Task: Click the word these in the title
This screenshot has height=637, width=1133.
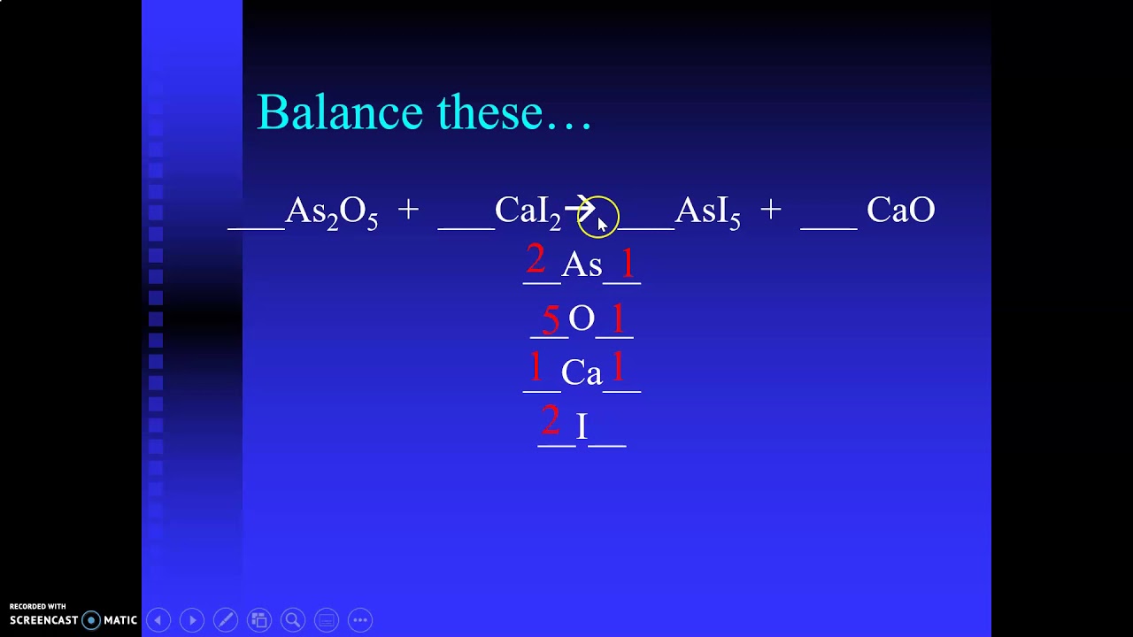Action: (x=489, y=112)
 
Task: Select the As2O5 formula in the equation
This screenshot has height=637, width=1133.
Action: (x=332, y=211)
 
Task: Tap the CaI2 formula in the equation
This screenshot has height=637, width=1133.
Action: (x=528, y=211)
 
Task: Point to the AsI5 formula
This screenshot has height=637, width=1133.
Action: (x=707, y=211)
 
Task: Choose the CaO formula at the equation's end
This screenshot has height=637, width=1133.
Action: (x=900, y=211)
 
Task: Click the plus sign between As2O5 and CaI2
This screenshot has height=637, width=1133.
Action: (x=408, y=210)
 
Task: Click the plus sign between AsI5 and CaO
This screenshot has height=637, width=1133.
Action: (x=770, y=210)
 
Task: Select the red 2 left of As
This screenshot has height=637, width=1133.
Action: (x=536, y=260)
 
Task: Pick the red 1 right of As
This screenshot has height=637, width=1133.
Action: (x=628, y=264)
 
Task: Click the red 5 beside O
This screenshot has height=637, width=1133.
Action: (x=551, y=319)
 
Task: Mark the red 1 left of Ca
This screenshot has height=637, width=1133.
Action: (x=536, y=367)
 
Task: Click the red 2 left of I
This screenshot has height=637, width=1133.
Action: (x=550, y=421)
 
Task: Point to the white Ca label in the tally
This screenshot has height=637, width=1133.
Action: (x=582, y=373)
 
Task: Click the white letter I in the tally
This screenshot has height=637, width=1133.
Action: (x=582, y=427)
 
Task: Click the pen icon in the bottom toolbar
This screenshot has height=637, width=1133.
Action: (x=226, y=620)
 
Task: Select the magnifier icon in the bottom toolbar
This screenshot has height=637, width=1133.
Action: (x=293, y=620)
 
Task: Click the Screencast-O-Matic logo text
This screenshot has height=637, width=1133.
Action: (x=73, y=620)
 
